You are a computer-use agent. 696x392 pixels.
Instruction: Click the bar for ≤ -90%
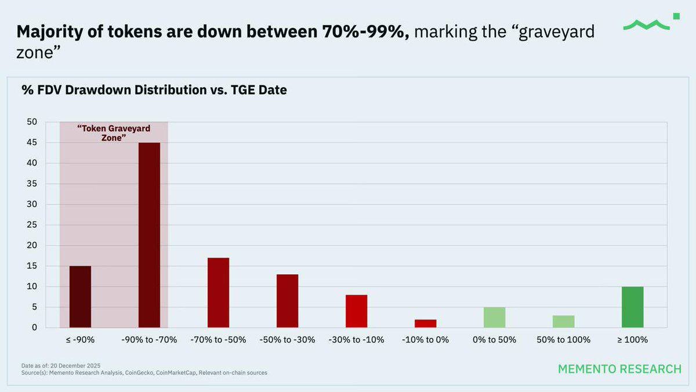point(80,297)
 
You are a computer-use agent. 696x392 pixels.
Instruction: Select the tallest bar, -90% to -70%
point(149,235)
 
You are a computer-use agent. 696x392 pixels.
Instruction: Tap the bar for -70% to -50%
point(218,293)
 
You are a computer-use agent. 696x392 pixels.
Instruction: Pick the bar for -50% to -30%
point(287,301)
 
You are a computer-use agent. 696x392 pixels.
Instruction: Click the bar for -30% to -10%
point(356,311)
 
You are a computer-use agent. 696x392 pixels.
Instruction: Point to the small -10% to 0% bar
point(425,323)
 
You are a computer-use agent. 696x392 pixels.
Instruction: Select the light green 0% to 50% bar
point(494,317)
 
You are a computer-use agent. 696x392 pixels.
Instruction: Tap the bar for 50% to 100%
point(563,321)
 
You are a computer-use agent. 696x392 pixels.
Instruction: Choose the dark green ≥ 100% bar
point(632,307)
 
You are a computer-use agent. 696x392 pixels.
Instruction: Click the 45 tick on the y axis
point(32,142)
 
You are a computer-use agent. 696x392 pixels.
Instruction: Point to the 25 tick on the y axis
point(32,225)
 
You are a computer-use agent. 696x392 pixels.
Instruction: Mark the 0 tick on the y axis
point(34,328)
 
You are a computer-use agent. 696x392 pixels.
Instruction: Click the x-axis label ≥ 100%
point(632,340)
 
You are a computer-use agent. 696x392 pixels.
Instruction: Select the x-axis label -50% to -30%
point(287,340)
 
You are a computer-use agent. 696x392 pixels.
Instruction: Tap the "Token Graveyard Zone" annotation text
point(114,133)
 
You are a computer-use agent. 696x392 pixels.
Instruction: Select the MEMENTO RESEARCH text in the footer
point(619,369)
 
